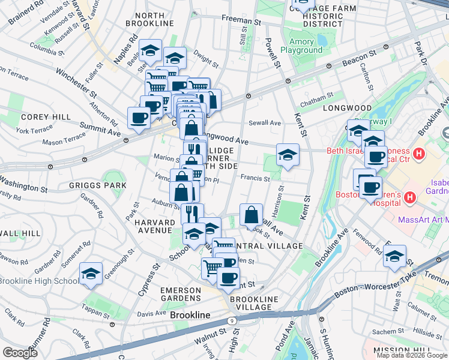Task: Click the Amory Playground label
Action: [x=305, y=46]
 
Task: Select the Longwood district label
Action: [x=343, y=108]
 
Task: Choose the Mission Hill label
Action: [x=402, y=350]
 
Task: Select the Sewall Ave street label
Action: [x=265, y=123]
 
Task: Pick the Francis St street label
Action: [x=255, y=178]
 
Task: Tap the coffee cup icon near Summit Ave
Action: [x=139, y=118]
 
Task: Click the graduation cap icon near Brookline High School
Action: [x=91, y=273]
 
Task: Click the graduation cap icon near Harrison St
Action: [x=288, y=155]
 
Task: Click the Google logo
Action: [x=20, y=353]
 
